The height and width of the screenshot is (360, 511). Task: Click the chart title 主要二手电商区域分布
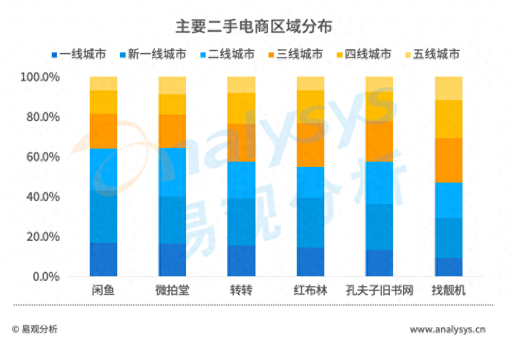254,27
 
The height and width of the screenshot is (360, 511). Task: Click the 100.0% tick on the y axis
41,77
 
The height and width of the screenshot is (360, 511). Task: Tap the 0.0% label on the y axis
46,277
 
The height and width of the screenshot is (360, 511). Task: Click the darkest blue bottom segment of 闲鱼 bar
104,259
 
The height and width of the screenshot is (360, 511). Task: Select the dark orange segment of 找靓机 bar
449,160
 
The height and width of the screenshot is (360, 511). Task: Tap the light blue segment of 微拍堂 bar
172,172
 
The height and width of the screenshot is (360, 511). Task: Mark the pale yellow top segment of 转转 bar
241,84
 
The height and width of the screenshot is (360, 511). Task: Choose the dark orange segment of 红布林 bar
311,145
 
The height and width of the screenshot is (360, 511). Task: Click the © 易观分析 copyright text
35,329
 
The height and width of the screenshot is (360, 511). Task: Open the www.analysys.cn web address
447,329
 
